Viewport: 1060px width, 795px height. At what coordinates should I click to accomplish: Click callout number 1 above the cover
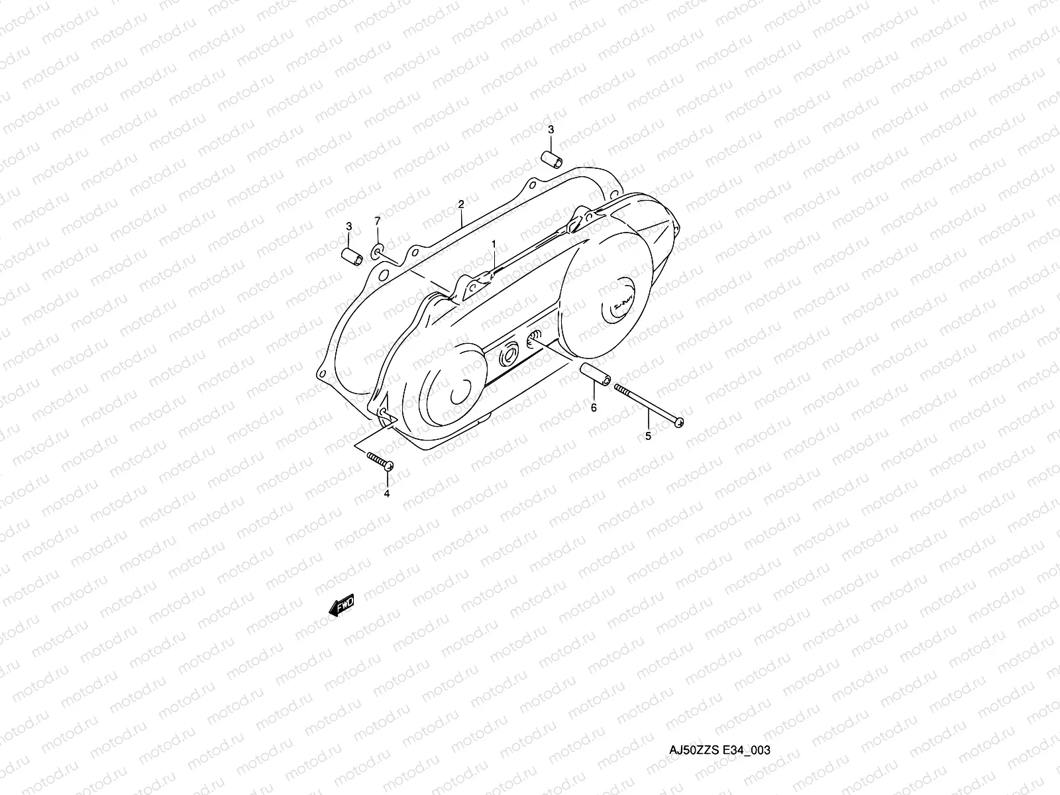point(494,244)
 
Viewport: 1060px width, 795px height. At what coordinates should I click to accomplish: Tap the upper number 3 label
point(551,129)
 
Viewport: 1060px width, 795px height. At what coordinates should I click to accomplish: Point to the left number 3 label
point(348,227)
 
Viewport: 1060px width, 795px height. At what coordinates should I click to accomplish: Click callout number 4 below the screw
point(387,494)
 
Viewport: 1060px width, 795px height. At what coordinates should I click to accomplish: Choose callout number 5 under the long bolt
point(648,436)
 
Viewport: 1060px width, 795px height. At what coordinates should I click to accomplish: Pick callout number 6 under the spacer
point(594,407)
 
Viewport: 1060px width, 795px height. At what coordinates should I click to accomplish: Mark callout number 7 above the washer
point(378,220)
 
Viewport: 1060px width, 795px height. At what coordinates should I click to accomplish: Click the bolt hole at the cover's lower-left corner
point(384,413)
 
